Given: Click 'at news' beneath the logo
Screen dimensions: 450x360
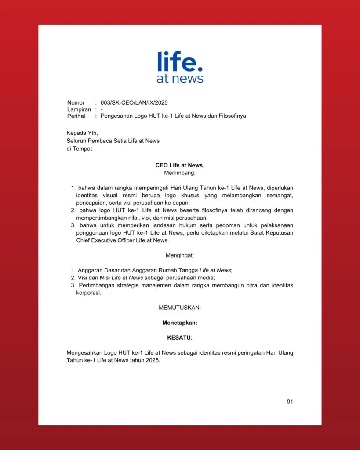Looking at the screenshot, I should pos(180,79).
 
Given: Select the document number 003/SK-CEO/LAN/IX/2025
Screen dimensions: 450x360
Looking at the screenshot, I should pos(134,103).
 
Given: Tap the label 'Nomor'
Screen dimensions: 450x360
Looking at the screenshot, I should pos(76,103).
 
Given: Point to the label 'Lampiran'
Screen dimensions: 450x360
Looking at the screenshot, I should pos(79,109).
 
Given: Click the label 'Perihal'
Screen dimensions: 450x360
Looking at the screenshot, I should pos(76,116).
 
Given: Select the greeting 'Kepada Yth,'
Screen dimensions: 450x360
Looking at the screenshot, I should pos(82,133).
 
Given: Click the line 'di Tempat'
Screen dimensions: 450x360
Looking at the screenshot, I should pos(79,149).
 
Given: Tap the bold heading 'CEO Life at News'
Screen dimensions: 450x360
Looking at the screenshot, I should pos(179,165).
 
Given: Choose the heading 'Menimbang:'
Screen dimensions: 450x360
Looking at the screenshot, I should pos(180,173).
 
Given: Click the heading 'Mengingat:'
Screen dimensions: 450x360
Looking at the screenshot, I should pos(180,255).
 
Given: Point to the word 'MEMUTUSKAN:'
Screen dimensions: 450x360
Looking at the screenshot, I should pos(180,308).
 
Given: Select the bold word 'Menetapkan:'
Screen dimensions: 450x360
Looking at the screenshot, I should pos(180,323).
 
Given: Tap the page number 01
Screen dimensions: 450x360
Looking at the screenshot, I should pos(290,402).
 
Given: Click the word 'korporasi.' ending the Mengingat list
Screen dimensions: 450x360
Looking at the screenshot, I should pos(89,293).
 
